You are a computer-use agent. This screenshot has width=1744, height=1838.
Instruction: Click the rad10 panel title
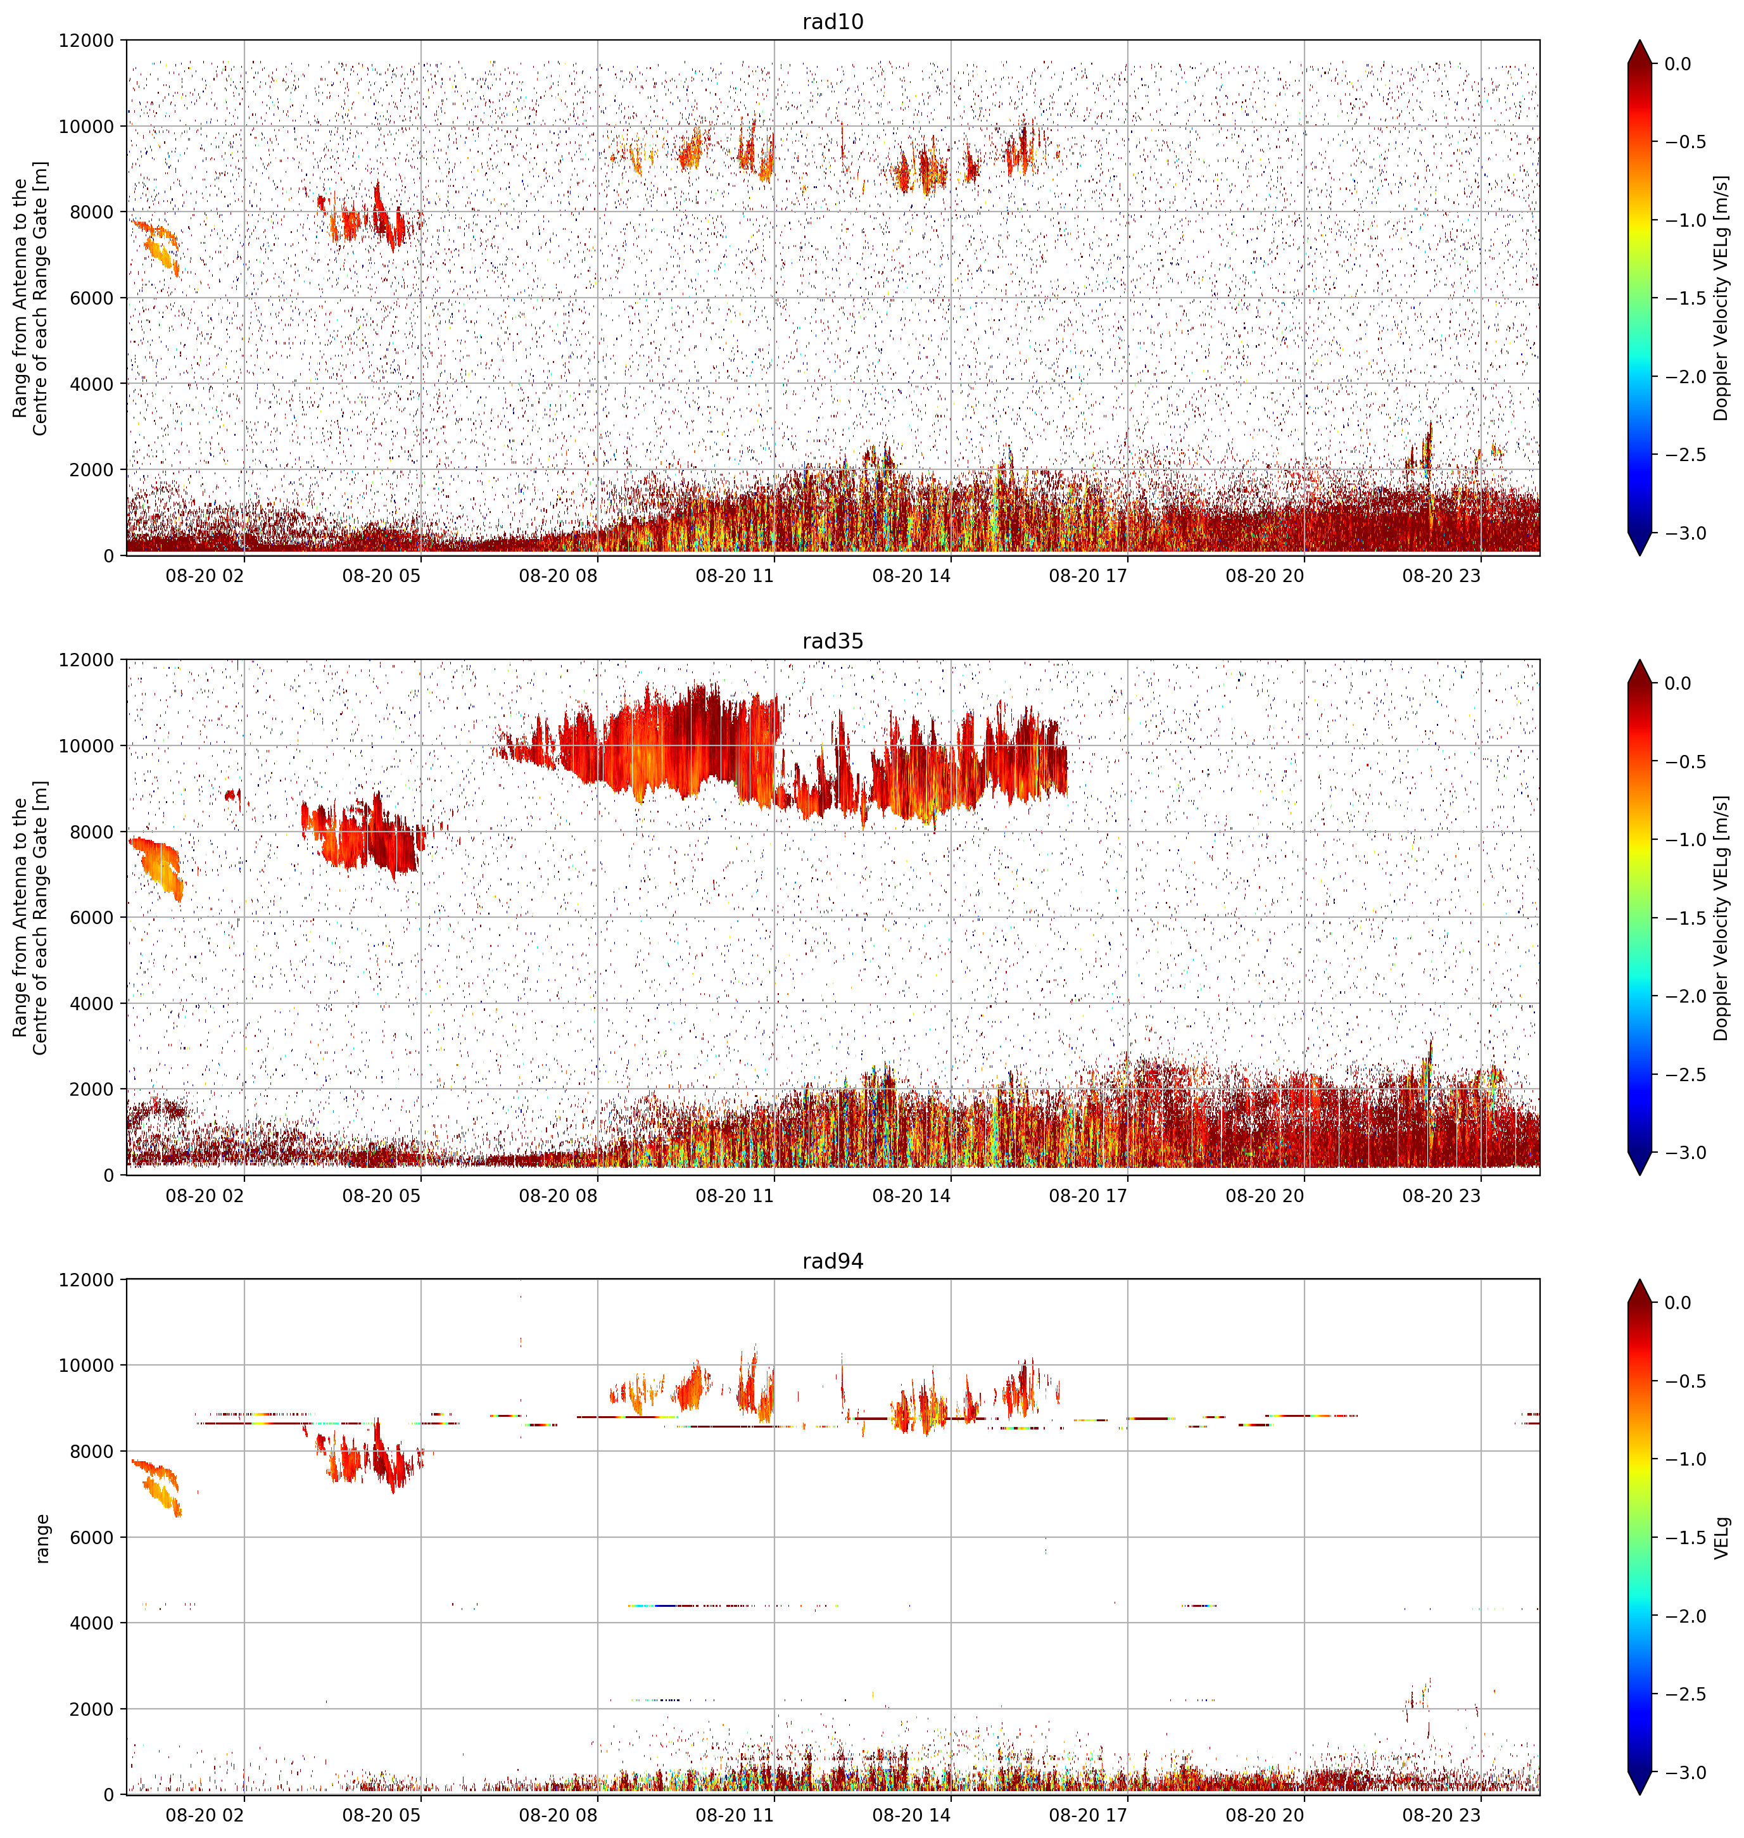point(833,22)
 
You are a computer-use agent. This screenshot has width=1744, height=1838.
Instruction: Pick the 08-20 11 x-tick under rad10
point(735,576)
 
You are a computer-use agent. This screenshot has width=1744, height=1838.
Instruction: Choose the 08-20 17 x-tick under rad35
point(1088,1196)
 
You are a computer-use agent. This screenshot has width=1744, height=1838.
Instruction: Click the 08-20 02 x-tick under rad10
point(205,576)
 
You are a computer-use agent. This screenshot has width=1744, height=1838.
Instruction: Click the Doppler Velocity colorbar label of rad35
point(1722,918)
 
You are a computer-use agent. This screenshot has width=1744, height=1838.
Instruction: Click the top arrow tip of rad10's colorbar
point(1640,40)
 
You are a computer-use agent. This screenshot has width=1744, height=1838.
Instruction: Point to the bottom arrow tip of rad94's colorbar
point(1640,1795)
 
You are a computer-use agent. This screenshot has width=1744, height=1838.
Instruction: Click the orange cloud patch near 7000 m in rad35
point(158,865)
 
